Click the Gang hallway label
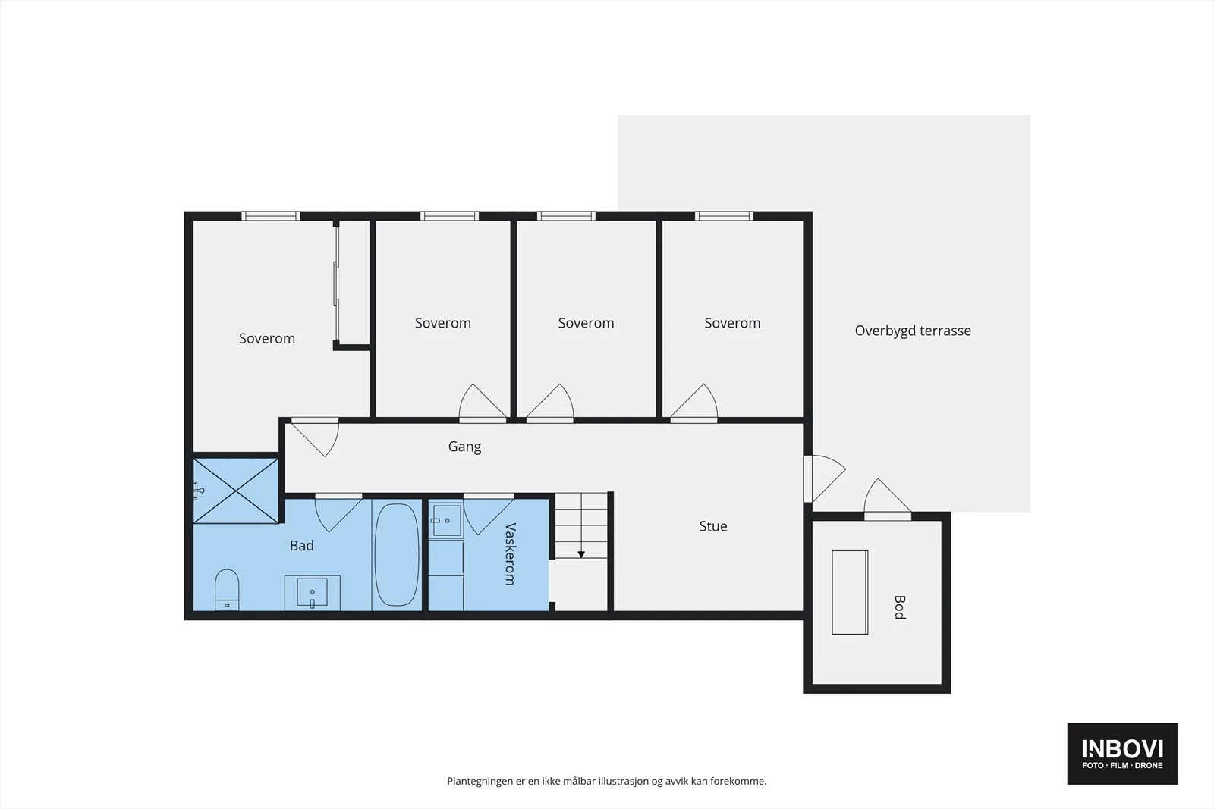coord(464,447)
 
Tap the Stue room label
coord(712,525)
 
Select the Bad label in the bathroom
coord(302,545)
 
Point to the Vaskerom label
coord(510,554)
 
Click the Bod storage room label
coord(900,607)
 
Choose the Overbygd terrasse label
coord(913,331)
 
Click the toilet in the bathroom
coord(227,590)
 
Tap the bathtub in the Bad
coord(397,554)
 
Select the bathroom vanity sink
coord(312,592)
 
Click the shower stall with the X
coord(236,491)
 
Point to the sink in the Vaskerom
coord(447,520)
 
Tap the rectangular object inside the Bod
coord(850,592)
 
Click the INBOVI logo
coord(1122,753)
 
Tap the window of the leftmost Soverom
coord(270,216)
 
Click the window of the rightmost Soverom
coord(724,216)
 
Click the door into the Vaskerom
coord(489,514)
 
